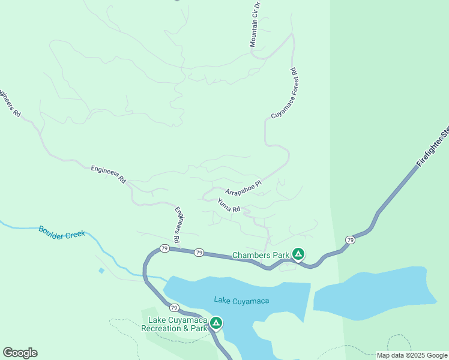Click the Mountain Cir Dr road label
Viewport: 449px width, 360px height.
coord(255,24)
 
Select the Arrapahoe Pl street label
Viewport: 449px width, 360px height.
coord(244,187)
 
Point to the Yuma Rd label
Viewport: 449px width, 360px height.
coord(229,205)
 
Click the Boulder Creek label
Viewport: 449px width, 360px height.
coord(62,232)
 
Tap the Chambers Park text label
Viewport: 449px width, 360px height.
coord(261,255)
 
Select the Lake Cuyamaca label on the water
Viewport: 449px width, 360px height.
coord(241,300)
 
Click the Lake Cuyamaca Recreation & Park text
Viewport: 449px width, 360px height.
coord(174,324)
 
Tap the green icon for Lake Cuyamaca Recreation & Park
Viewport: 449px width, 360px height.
coord(216,323)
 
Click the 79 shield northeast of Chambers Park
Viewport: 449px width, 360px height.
coord(349,240)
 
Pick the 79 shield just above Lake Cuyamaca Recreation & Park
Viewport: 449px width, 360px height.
coord(173,307)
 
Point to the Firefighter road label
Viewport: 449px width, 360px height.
coord(433,146)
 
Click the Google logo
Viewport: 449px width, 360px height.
coord(20,353)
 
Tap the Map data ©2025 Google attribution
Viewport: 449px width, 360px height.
coord(412,355)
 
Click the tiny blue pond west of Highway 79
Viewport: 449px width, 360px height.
coord(101,271)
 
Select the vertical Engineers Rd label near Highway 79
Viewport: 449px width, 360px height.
coord(177,225)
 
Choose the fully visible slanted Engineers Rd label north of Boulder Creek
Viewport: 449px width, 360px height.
coord(108,174)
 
